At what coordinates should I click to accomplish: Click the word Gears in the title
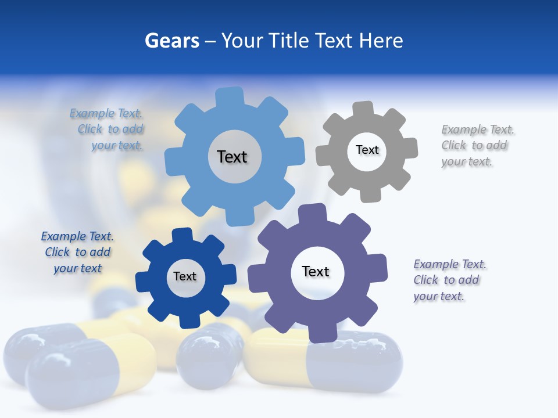(171, 41)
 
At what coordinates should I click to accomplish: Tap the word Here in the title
(381, 41)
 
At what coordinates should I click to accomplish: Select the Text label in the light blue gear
(232, 157)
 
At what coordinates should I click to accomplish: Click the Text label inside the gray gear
(367, 150)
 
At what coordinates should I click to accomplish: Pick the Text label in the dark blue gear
(185, 276)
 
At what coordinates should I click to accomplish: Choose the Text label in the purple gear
(316, 271)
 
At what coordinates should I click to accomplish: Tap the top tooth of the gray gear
(363, 109)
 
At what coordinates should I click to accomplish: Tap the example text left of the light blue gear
(108, 129)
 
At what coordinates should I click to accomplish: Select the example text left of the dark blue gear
(77, 252)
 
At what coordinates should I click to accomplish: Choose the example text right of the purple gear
(449, 280)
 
